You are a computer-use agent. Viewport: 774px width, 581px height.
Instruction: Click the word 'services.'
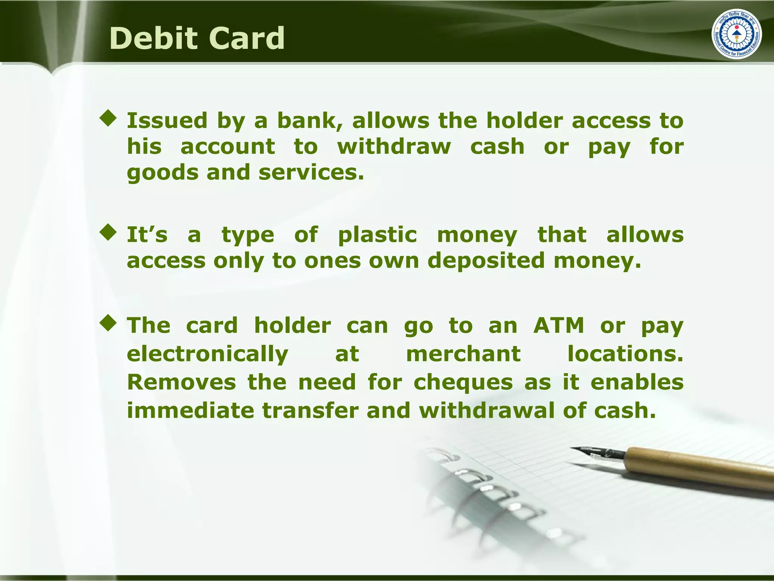(x=311, y=172)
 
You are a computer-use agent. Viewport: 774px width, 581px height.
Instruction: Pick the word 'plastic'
(x=378, y=235)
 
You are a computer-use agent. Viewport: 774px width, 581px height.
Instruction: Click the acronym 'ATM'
(x=559, y=325)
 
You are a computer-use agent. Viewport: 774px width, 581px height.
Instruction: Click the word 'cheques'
(x=463, y=382)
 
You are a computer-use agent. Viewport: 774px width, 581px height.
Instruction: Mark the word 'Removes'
(x=181, y=382)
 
